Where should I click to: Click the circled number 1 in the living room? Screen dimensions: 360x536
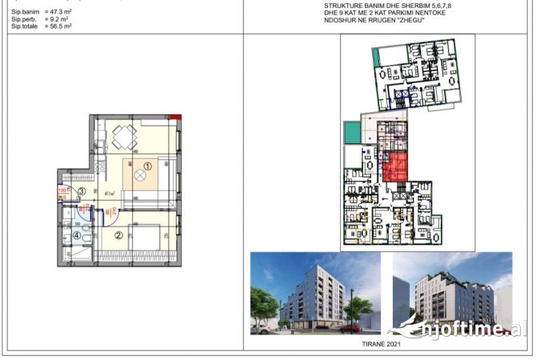pyautogui.click(x=146, y=166)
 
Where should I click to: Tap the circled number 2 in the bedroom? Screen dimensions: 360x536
pyautogui.click(x=118, y=235)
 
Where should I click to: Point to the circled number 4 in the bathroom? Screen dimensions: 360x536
pyautogui.click(x=77, y=235)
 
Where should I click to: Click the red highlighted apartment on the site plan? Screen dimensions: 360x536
pyautogui.click(x=395, y=168)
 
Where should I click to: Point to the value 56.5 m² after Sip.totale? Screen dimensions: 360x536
pyautogui.click(x=57, y=26)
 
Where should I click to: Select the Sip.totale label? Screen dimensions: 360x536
pyautogui.click(x=25, y=26)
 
